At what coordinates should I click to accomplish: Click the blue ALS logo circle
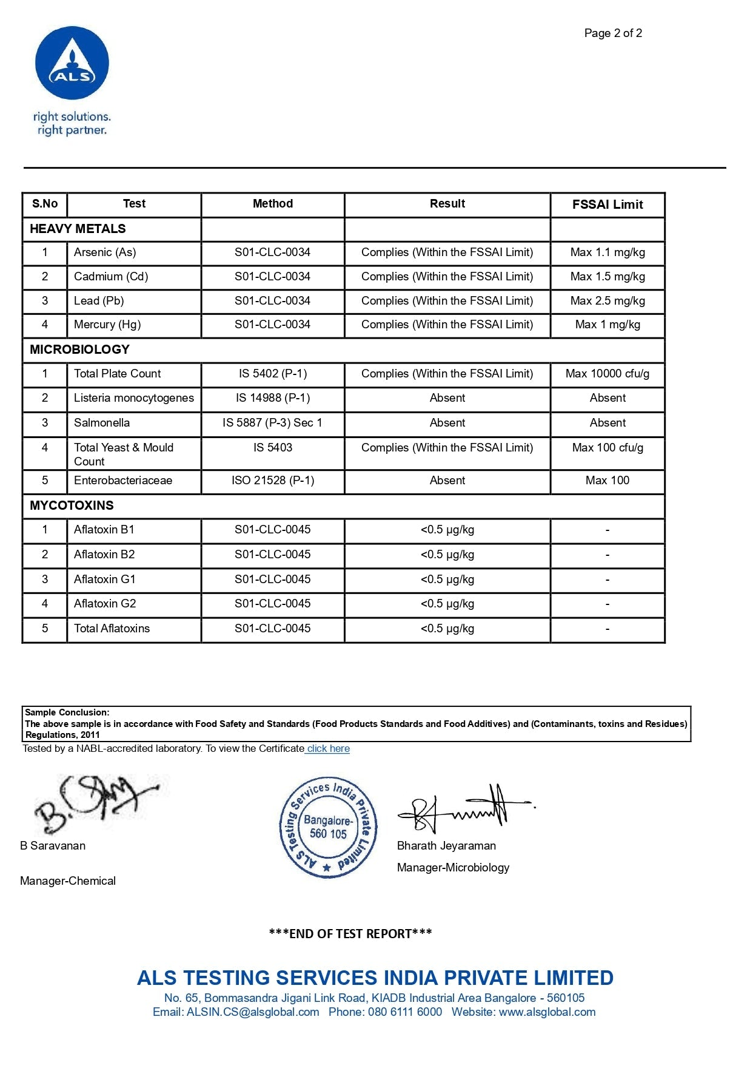click(x=72, y=63)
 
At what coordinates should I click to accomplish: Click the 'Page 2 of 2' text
click(x=613, y=33)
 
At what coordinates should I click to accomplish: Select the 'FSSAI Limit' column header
click(x=607, y=205)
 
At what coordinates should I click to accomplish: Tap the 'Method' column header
click(x=273, y=204)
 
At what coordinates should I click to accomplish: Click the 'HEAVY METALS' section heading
click(x=78, y=229)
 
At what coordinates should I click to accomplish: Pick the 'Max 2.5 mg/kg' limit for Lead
click(x=607, y=301)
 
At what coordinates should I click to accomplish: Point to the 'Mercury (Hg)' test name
click(x=107, y=325)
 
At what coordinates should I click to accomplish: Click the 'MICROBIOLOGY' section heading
click(x=79, y=350)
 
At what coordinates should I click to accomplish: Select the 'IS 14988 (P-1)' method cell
click(x=273, y=398)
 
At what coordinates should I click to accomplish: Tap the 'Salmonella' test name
click(x=102, y=423)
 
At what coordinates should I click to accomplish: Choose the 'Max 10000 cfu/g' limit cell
click(x=607, y=374)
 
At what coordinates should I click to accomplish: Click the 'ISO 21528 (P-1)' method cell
click(x=273, y=481)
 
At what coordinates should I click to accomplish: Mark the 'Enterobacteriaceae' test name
click(x=123, y=481)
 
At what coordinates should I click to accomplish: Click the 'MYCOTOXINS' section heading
click(x=72, y=505)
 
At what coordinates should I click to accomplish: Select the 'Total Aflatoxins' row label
click(x=112, y=629)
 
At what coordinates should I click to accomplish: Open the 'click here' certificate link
click(x=328, y=749)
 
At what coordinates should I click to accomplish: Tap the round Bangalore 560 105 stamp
click(x=328, y=827)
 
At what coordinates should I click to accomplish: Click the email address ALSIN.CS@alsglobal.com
click(x=253, y=1012)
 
